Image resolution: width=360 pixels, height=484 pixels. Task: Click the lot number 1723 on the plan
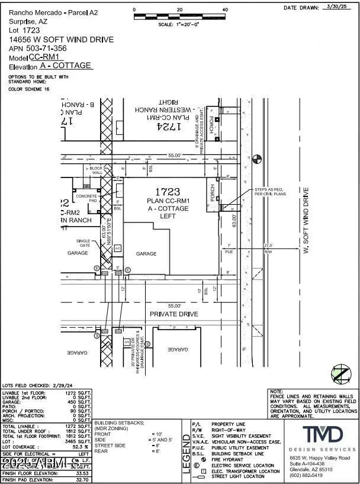167,192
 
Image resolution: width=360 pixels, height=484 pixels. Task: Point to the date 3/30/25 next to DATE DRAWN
338,8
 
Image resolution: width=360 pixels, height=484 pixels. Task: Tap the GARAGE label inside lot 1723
146,254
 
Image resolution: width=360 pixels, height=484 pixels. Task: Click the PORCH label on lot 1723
212,192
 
